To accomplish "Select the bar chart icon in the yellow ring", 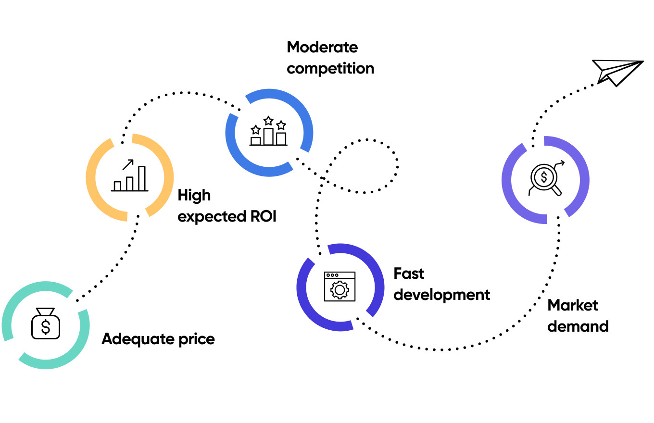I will [x=130, y=176].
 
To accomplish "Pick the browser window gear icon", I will [x=340, y=286].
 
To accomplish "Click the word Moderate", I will [x=322, y=48].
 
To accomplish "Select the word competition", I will [x=330, y=68].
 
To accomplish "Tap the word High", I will [x=194, y=196].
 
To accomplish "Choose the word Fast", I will [x=409, y=274].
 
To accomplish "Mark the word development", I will [x=442, y=294].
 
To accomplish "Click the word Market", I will [x=573, y=305].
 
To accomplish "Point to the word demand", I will [x=578, y=326].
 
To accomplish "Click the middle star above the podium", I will [x=268, y=121].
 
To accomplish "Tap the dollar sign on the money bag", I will [x=46, y=327].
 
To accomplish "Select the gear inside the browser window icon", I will [x=340, y=290].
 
